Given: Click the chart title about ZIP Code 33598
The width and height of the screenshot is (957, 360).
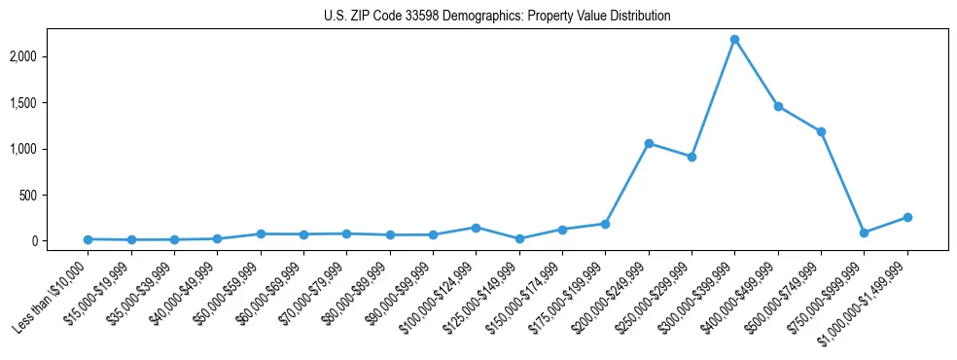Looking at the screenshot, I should pos(497,17).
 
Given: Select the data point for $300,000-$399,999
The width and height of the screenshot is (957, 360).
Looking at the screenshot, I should pos(734,39).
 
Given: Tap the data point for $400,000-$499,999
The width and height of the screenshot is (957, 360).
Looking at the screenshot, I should pos(778,106).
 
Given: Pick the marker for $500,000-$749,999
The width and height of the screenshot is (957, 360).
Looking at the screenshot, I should pos(821,131).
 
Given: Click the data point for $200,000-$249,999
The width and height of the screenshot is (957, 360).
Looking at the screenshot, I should pos(649,143).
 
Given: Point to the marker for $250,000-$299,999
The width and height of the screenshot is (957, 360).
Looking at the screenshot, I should pos(691,157).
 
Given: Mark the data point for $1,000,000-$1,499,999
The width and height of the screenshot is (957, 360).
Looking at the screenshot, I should pos(907,217).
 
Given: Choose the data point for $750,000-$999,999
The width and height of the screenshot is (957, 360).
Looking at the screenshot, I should pos(864,233).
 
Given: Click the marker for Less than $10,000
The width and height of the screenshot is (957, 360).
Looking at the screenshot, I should pos(89,239).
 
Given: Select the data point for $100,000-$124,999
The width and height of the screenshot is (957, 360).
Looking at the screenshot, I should pos(476,228).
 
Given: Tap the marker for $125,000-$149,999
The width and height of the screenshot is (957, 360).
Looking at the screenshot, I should pos(519,238).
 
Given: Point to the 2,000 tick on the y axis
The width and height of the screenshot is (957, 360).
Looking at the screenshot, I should pos(49,56).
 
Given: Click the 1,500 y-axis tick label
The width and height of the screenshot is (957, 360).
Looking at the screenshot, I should pos(49,103).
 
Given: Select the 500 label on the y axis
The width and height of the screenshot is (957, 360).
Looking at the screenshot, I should pos(53,196).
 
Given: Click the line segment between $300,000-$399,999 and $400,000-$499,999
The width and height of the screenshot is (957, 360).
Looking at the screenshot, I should pos(757,73).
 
